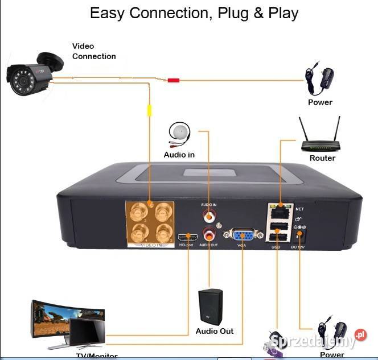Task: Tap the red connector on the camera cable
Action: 173,80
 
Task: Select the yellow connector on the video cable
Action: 150,110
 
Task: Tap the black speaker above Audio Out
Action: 210,307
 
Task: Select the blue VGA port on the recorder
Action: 243,235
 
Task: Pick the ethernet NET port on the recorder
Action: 280,211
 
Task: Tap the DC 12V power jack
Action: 301,234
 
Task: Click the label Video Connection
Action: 93,51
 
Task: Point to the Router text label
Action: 322,158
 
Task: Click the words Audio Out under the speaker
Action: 215,331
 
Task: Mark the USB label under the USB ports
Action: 276,247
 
